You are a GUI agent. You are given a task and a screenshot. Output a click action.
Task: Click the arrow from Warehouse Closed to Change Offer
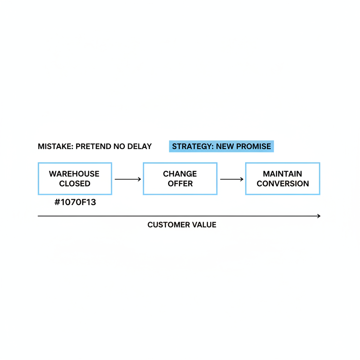coord(128,179)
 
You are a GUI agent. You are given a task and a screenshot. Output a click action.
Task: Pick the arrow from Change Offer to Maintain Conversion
coord(232,179)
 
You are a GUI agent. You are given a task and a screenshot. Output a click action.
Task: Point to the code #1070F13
coord(75,202)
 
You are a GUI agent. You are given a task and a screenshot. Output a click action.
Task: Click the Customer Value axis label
coord(182,225)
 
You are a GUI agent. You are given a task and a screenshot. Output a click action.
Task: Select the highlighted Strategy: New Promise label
coord(221,146)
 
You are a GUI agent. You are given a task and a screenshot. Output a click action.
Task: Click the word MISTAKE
coord(56,147)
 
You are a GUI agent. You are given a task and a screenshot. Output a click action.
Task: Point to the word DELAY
coord(140,147)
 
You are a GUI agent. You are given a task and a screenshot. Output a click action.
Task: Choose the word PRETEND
coord(94,147)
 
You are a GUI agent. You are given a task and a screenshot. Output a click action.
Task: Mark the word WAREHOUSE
coord(74,174)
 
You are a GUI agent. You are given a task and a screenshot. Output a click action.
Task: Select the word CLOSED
coord(75,184)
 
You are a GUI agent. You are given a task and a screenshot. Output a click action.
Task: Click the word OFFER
coord(180,184)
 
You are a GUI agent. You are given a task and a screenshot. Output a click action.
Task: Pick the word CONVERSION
coord(283,184)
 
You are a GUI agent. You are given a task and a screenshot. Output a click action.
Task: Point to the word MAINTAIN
coord(282,174)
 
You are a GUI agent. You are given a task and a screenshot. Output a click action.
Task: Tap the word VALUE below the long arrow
coord(204,225)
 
